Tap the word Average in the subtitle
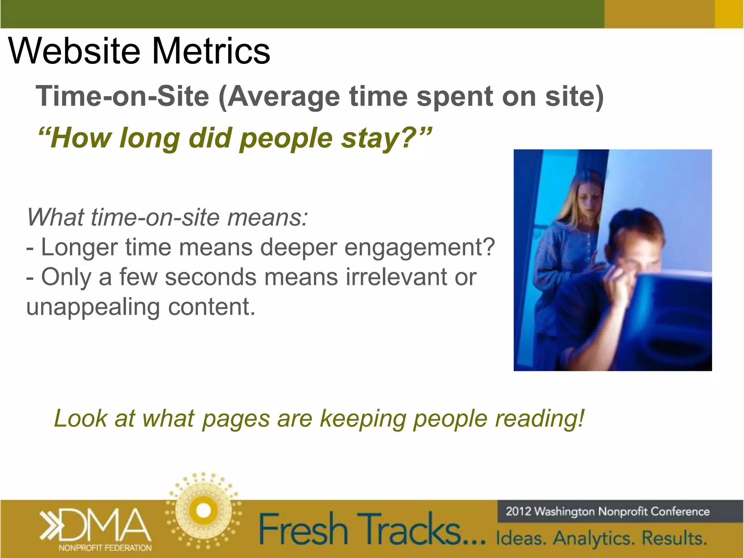click(283, 97)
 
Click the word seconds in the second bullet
click(211, 277)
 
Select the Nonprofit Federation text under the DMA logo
click(105, 548)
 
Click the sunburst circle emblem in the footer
click(203, 510)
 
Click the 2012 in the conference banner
click(518, 511)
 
